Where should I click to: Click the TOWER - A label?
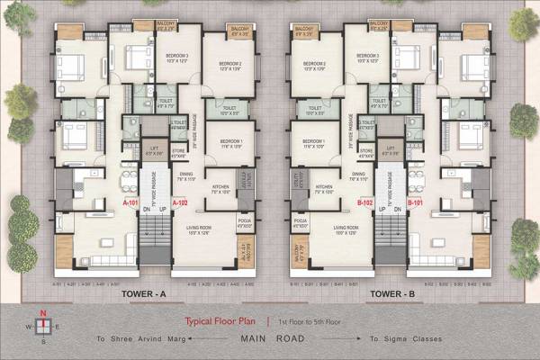(146, 292)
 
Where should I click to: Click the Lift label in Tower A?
(154, 151)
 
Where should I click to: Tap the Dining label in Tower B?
(358, 175)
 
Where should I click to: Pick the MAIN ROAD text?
(271, 339)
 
